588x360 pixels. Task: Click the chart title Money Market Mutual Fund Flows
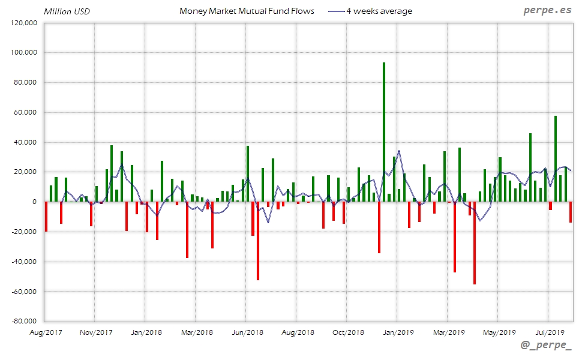coord(247,11)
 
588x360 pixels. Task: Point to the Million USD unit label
coord(67,11)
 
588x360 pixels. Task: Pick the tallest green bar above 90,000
coord(384,132)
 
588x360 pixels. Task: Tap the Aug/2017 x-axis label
coord(46,332)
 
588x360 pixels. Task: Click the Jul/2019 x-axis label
coord(550,332)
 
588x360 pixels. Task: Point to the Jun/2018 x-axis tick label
coord(247,332)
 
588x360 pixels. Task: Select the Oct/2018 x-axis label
coord(348,332)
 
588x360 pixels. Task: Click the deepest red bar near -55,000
coord(475,243)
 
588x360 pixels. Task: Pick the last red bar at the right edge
coord(570,212)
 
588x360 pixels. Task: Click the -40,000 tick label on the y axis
coord(25,262)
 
